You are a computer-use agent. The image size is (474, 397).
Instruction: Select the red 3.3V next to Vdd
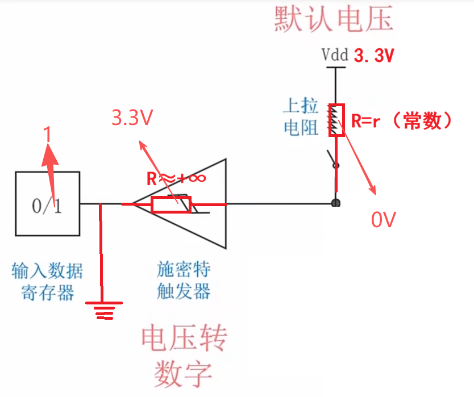coord(374,56)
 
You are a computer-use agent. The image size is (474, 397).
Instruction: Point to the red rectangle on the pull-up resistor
coord(337,120)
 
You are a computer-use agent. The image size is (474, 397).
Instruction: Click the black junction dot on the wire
coord(336,203)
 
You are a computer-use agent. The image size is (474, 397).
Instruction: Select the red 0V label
coord(383,219)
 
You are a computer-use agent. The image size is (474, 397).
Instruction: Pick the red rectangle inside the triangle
coord(171,204)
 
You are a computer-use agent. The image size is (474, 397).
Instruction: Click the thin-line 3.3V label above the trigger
coord(133,118)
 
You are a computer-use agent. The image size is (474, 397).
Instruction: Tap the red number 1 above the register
coord(48,135)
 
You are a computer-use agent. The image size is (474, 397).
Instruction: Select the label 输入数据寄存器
coord(47,281)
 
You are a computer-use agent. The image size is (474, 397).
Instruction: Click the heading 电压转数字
coord(184,355)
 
